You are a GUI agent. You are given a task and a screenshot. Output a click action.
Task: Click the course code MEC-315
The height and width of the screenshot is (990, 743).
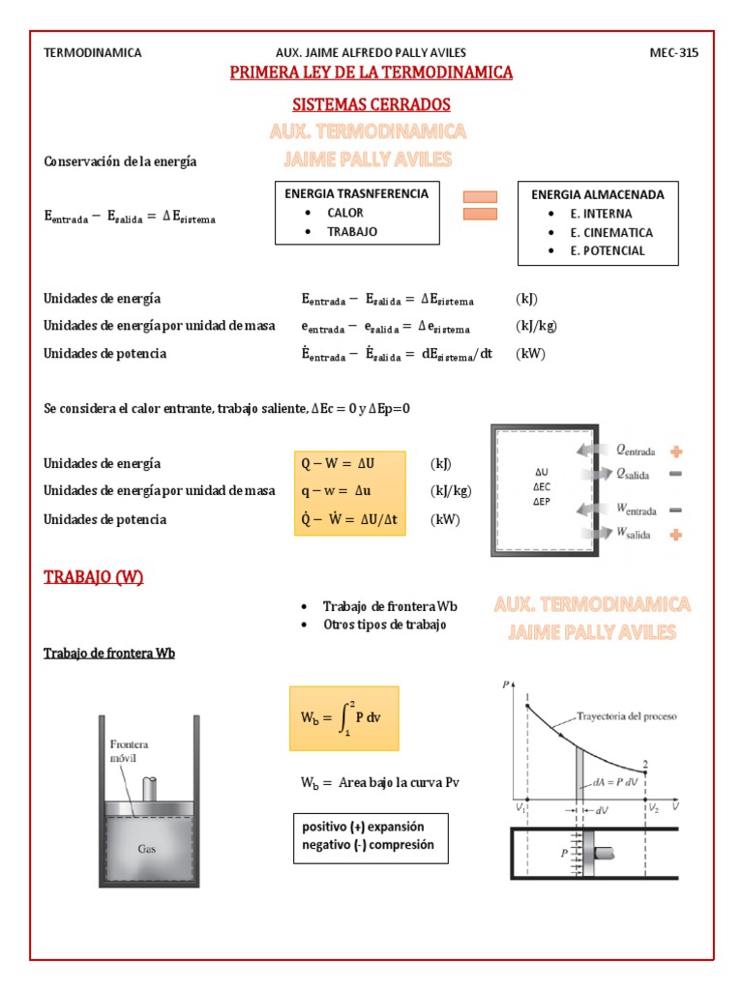(673, 53)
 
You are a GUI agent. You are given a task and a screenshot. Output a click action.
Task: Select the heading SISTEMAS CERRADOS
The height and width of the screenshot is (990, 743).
(371, 104)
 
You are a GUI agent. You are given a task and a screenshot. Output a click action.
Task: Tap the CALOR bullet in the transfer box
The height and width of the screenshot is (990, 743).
(344, 213)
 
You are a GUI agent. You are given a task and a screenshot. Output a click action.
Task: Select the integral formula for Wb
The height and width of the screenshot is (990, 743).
(343, 716)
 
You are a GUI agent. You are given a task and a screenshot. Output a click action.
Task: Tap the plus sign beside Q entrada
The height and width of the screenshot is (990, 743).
(675, 451)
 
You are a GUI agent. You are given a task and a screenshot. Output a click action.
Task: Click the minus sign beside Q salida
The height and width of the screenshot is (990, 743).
(675, 474)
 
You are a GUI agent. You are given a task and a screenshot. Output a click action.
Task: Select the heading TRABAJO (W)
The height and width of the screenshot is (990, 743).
(94, 577)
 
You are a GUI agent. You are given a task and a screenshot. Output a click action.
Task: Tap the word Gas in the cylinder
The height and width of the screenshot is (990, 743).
(148, 851)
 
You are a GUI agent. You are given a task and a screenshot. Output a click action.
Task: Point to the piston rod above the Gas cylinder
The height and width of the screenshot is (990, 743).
(152, 789)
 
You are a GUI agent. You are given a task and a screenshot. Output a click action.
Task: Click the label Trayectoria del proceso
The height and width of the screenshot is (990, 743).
(626, 717)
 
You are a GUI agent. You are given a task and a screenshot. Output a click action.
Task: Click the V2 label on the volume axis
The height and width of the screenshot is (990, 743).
(655, 806)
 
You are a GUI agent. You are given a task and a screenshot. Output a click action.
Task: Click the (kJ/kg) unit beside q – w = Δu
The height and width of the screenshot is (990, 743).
(451, 491)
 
